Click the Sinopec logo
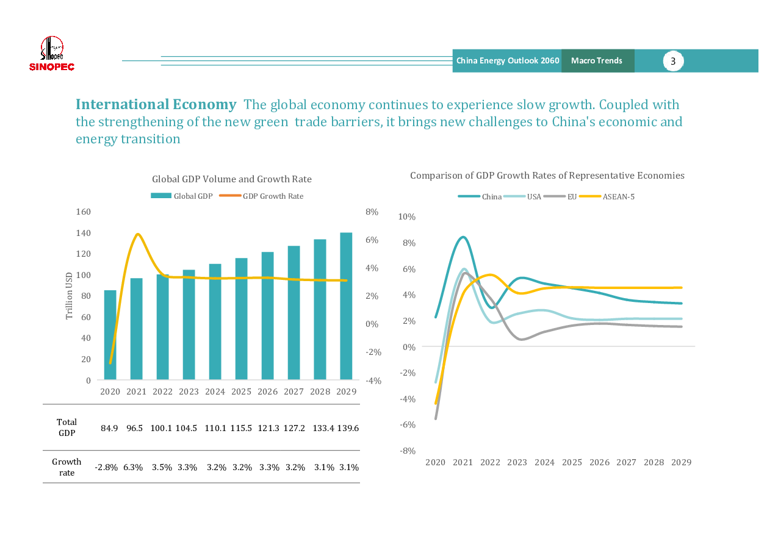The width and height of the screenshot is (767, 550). pyautogui.click(x=52, y=54)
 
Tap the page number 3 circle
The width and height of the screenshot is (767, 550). pyautogui.click(x=673, y=61)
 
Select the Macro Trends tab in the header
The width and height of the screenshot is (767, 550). pyautogui.click(x=597, y=61)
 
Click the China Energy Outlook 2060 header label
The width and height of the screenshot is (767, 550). pyautogui.click(x=508, y=61)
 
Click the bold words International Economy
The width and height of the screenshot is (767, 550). pyautogui.click(x=156, y=105)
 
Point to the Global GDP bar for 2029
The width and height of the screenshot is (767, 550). pyautogui.click(x=346, y=306)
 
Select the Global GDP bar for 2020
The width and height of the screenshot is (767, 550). pyautogui.click(x=110, y=335)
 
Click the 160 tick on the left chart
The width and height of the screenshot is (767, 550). pyautogui.click(x=83, y=212)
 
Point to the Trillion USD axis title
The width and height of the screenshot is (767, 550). pyautogui.click(x=70, y=296)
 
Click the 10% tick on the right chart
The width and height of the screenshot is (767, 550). pyautogui.click(x=406, y=217)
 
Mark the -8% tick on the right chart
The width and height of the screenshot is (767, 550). pyautogui.click(x=407, y=451)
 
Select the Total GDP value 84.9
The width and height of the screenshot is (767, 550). pyautogui.click(x=109, y=429)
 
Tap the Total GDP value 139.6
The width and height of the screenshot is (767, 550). pyautogui.click(x=348, y=429)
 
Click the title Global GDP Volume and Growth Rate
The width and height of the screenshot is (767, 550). pyautogui.click(x=232, y=179)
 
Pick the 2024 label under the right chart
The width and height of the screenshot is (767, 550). pyautogui.click(x=544, y=463)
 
